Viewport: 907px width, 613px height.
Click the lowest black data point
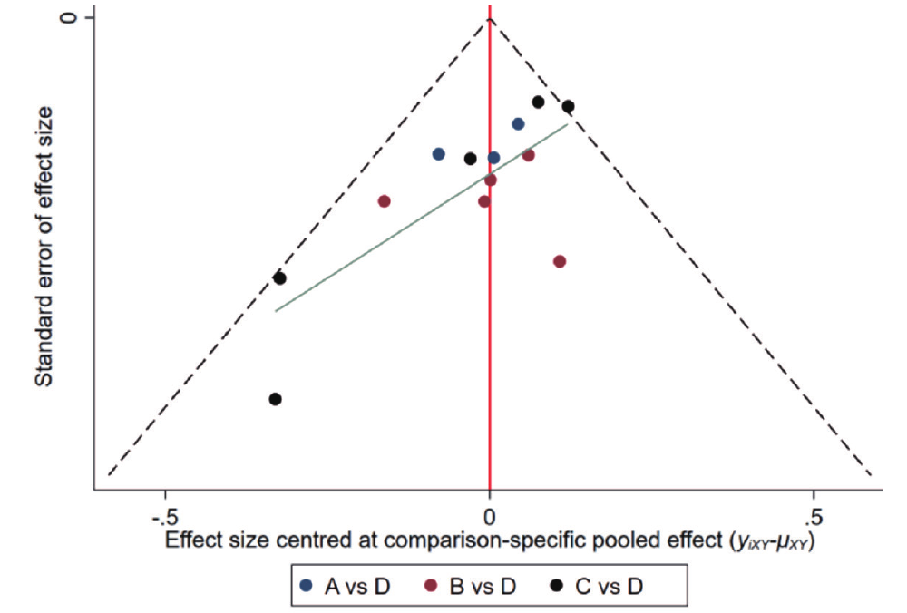pyautogui.click(x=276, y=399)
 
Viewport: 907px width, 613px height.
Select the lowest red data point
pyautogui.click(x=560, y=261)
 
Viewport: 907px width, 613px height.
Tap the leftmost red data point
pyautogui.click(x=384, y=201)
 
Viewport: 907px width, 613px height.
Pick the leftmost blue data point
pyautogui.click(x=439, y=154)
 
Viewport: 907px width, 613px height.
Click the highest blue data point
pyautogui.click(x=518, y=124)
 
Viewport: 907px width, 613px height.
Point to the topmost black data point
pyautogui.click(x=538, y=102)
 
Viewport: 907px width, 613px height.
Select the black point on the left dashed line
pyautogui.click(x=279, y=278)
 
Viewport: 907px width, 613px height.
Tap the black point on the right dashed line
pyautogui.click(x=568, y=107)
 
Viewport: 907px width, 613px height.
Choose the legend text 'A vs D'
pyautogui.click(x=356, y=586)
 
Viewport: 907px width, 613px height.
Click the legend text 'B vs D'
pyautogui.click(x=483, y=586)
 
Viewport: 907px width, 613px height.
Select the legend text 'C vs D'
pyautogui.click(x=610, y=586)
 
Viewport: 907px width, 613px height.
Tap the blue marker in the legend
pyautogui.click(x=308, y=586)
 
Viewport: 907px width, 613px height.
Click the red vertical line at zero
pyautogui.click(x=490, y=363)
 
